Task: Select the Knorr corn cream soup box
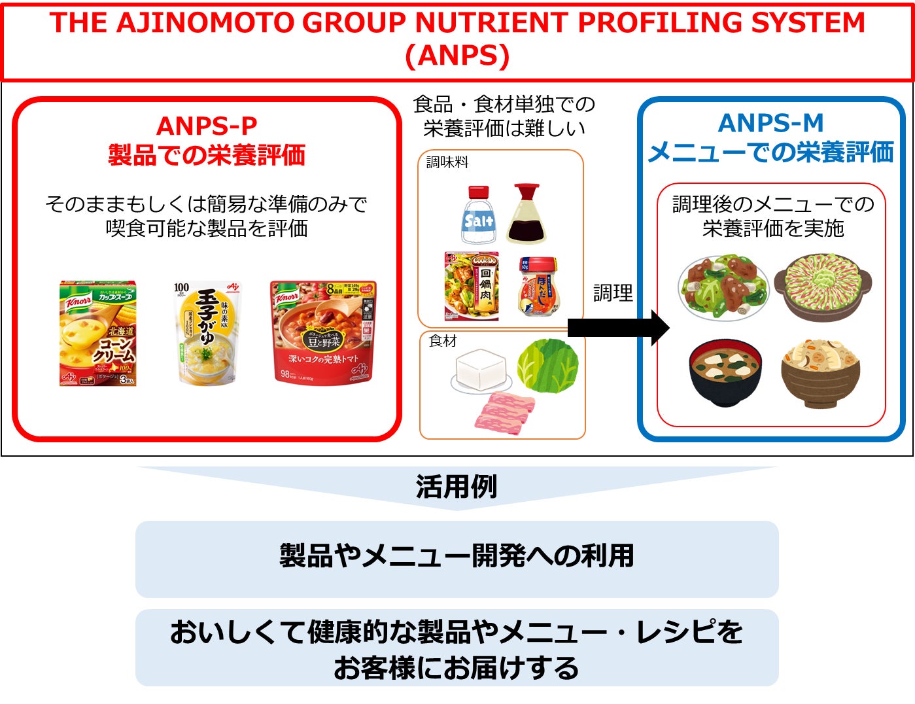(98, 334)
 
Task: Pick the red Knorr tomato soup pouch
(323, 331)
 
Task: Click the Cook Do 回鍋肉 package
(472, 286)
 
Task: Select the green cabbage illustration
(547, 364)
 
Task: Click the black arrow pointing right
(617, 328)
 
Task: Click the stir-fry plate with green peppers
(724, 287)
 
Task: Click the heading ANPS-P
(207, 126)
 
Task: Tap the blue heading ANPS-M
(770, 123)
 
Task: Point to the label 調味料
(447, 162)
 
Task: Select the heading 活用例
(457, 487)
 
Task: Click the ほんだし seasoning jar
(540, 286)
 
